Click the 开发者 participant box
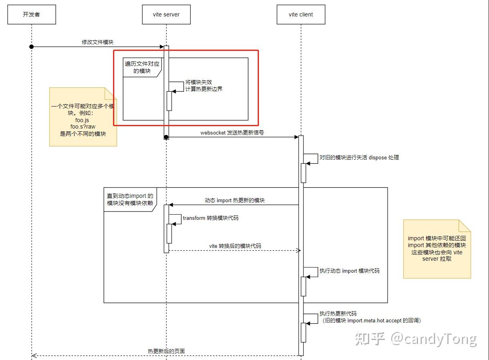tap(31, 14)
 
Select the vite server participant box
tap(166, 14)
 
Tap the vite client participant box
tap(301, 14)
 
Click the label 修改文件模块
tap(98, 42)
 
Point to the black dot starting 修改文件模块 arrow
tap(31, 47)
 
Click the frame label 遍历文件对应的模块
tap(142, 67)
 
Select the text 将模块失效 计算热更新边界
tap(204, 85)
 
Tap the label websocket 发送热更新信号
tap(232, 133)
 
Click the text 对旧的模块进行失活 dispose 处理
tap(359, 157)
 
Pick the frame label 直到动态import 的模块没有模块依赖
tap(129, 199)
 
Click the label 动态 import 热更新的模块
tap(234, 200)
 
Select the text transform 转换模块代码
tap(210, 218)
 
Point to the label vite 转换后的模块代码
tap(235, 246)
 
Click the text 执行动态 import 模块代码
tap(349, 271)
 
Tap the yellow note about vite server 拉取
tap(436, 249)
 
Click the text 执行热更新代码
tap(337, 314)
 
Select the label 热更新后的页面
tap(166, 351)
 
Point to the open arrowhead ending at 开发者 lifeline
tap(34, 356)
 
